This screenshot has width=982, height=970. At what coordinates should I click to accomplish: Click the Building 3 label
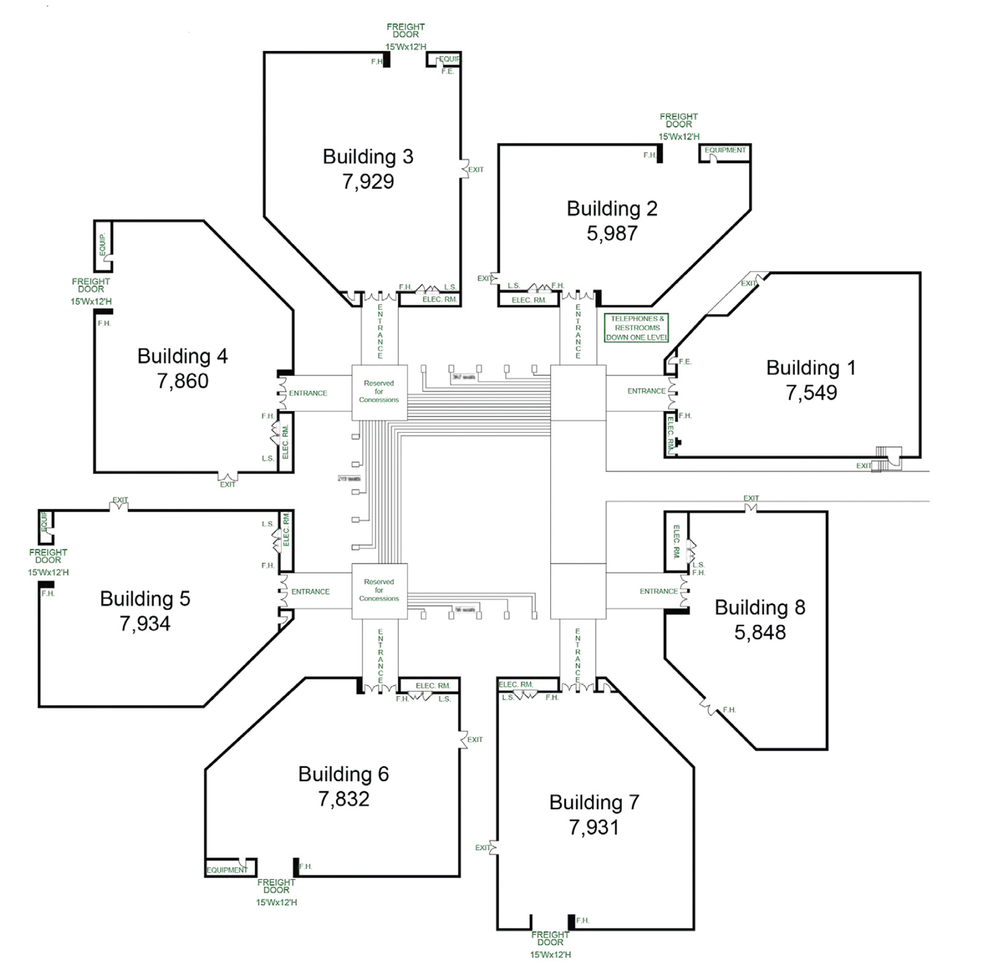click(368, 156)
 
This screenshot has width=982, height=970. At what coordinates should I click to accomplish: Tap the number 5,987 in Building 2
click(612, 233)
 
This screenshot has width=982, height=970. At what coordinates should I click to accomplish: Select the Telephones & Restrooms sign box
click(636, 328)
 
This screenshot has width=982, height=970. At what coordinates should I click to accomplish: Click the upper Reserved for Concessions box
click(379, 392)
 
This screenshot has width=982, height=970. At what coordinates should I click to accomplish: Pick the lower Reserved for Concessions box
click(379, 590)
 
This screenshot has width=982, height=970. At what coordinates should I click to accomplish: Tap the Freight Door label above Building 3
click(405, 31)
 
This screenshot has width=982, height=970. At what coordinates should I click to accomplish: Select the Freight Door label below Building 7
click(550, 938)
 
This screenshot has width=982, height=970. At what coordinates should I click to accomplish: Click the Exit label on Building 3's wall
click(476, 169)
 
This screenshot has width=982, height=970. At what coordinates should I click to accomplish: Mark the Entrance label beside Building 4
click(308, 393)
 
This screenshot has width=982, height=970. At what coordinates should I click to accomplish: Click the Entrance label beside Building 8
click(659, 591)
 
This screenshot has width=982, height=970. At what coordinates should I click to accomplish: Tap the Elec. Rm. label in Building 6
click(433, 685)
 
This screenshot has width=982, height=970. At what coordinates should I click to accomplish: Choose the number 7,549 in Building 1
click(811, 393)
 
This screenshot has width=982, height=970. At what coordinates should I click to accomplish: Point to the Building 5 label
click(145, 599)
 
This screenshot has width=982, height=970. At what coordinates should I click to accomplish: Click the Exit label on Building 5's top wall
click(120, 500)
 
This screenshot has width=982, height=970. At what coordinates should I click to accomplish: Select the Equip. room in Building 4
click(102, 245)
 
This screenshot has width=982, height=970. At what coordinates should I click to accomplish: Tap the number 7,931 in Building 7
click(593, 827)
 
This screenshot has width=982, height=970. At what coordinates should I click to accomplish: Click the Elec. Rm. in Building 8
click(676, 542)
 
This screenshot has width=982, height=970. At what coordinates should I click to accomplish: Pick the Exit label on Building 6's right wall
click(475, 739)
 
